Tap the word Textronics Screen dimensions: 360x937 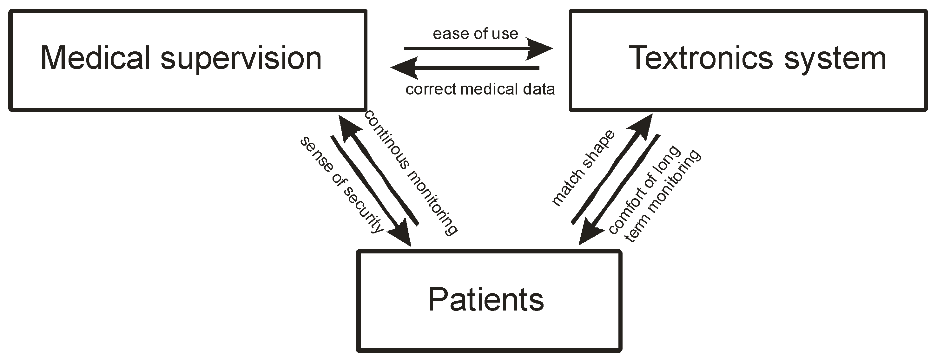(700, 58)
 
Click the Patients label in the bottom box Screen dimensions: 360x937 (486, 300)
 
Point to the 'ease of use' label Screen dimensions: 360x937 (475, 34)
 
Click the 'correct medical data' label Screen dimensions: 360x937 (480, 89)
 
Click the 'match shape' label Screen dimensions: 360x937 (583, 168)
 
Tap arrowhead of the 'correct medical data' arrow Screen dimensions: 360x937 (404, 68)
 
